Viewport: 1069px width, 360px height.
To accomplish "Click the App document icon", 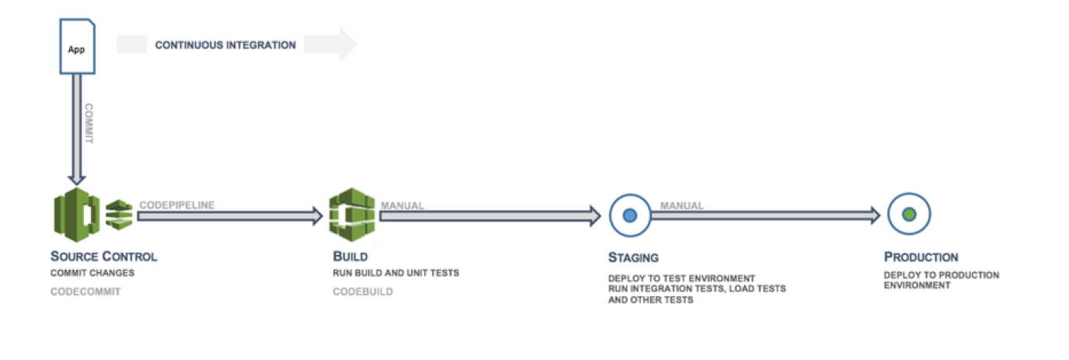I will [76, 48].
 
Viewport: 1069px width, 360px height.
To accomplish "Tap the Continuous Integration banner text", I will [225, 45].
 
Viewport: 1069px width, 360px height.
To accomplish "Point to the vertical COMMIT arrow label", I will [89, 124].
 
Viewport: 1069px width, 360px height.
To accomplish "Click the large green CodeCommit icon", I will [75, 215].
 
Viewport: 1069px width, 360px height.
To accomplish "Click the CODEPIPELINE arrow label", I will [176, 205].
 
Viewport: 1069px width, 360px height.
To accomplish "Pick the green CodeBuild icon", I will [351, 215].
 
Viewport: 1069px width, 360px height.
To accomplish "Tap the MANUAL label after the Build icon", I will [402, 206].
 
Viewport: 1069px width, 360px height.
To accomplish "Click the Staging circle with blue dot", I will [630, 215].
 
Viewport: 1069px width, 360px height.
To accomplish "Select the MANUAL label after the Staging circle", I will [682, 206].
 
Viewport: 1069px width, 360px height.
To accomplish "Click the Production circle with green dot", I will [909, 215].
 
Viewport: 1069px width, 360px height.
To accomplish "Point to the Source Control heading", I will [103, 257].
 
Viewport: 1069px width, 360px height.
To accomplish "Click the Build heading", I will [350, 257].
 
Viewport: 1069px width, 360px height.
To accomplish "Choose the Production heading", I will [921, 257].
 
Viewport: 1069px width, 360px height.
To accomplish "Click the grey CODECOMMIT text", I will [86, 292].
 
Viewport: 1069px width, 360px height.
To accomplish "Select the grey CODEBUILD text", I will [363, 292].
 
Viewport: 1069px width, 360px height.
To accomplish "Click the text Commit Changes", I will [93, 274].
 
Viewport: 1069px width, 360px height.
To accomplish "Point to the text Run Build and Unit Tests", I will [396, 274].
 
